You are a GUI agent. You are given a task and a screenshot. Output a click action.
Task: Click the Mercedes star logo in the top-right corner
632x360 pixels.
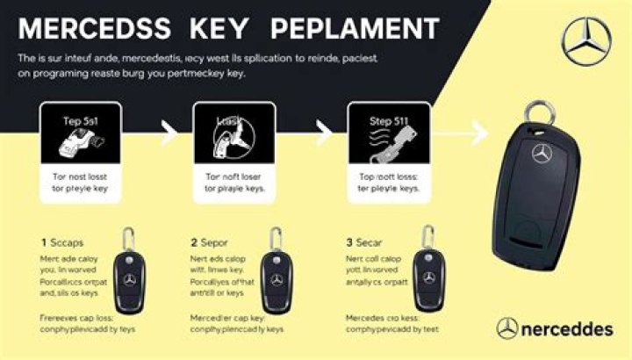[x=586, y=42]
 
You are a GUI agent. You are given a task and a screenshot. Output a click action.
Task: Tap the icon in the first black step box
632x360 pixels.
[x=77, y=142]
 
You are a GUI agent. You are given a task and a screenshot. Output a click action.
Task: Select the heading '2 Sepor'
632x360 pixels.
[x=209, y=242]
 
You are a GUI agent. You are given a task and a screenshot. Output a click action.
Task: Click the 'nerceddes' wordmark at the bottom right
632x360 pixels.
[x=567, y=329]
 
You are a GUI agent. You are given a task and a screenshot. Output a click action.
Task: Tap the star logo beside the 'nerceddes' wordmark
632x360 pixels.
[x=507, y=329]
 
